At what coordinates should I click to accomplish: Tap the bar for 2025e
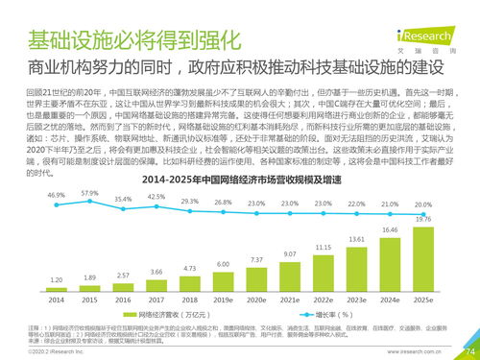[x=422, y=258]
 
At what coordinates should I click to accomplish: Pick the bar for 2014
[x=56, y=289]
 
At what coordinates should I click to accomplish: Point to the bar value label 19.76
[x=422, y=219]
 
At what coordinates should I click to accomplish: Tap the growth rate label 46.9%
[x=56, y=195]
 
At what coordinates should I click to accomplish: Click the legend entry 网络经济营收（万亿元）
[x=180, y=313]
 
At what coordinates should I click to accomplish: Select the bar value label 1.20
[x=56, y=279]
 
